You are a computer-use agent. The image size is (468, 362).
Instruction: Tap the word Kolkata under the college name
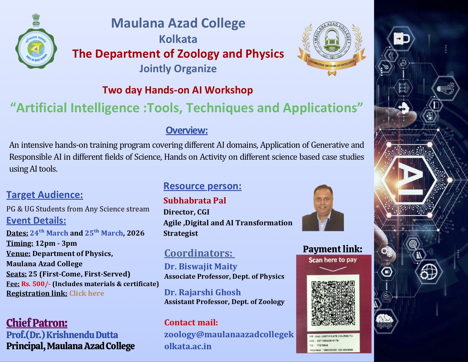point(178,39)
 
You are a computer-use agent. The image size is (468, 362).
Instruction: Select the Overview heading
point(187,130)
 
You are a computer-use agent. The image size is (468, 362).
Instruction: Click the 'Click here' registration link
point(87,293)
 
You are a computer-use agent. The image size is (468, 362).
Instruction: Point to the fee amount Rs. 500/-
point(36,284)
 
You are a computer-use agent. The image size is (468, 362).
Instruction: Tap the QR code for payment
point(333,303)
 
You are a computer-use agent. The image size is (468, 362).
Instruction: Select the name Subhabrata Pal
point(195,201)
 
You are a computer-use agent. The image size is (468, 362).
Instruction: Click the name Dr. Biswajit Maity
point(201,267)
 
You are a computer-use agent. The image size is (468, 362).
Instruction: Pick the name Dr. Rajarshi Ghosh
point(203,292)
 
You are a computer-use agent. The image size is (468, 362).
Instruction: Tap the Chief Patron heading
point(37,323)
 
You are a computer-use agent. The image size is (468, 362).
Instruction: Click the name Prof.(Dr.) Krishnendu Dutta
point(62,335)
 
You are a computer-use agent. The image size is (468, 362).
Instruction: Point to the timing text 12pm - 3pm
point(56,243)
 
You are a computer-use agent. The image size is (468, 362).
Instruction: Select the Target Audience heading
point(45,195)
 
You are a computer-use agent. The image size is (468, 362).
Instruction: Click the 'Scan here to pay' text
point(332,260)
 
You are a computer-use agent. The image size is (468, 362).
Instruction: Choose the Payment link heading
point(332,249)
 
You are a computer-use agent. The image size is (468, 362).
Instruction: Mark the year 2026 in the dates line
point(136,233)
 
